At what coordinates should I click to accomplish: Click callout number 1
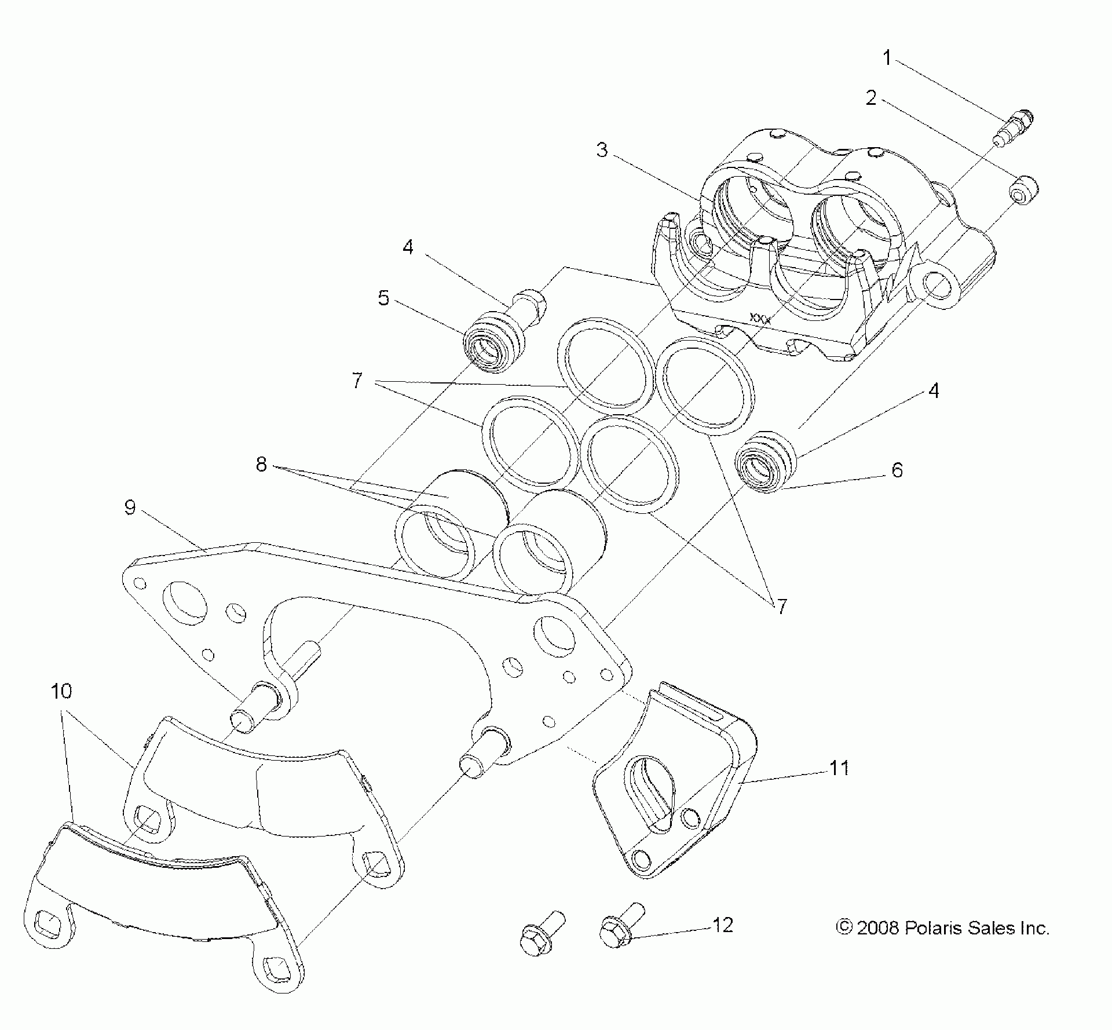[887, 58]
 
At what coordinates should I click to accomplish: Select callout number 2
[871, 98]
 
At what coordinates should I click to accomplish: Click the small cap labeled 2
[1024, 189]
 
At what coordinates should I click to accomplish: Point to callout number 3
[602, 150]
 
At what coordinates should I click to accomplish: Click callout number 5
[384, 298]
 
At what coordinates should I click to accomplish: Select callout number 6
[897, 470]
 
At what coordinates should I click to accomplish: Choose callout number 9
[130, 507]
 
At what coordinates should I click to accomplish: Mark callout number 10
[61, 691]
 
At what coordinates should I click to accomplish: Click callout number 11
[839, 768]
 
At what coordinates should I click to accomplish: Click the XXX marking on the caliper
[760, 317]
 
